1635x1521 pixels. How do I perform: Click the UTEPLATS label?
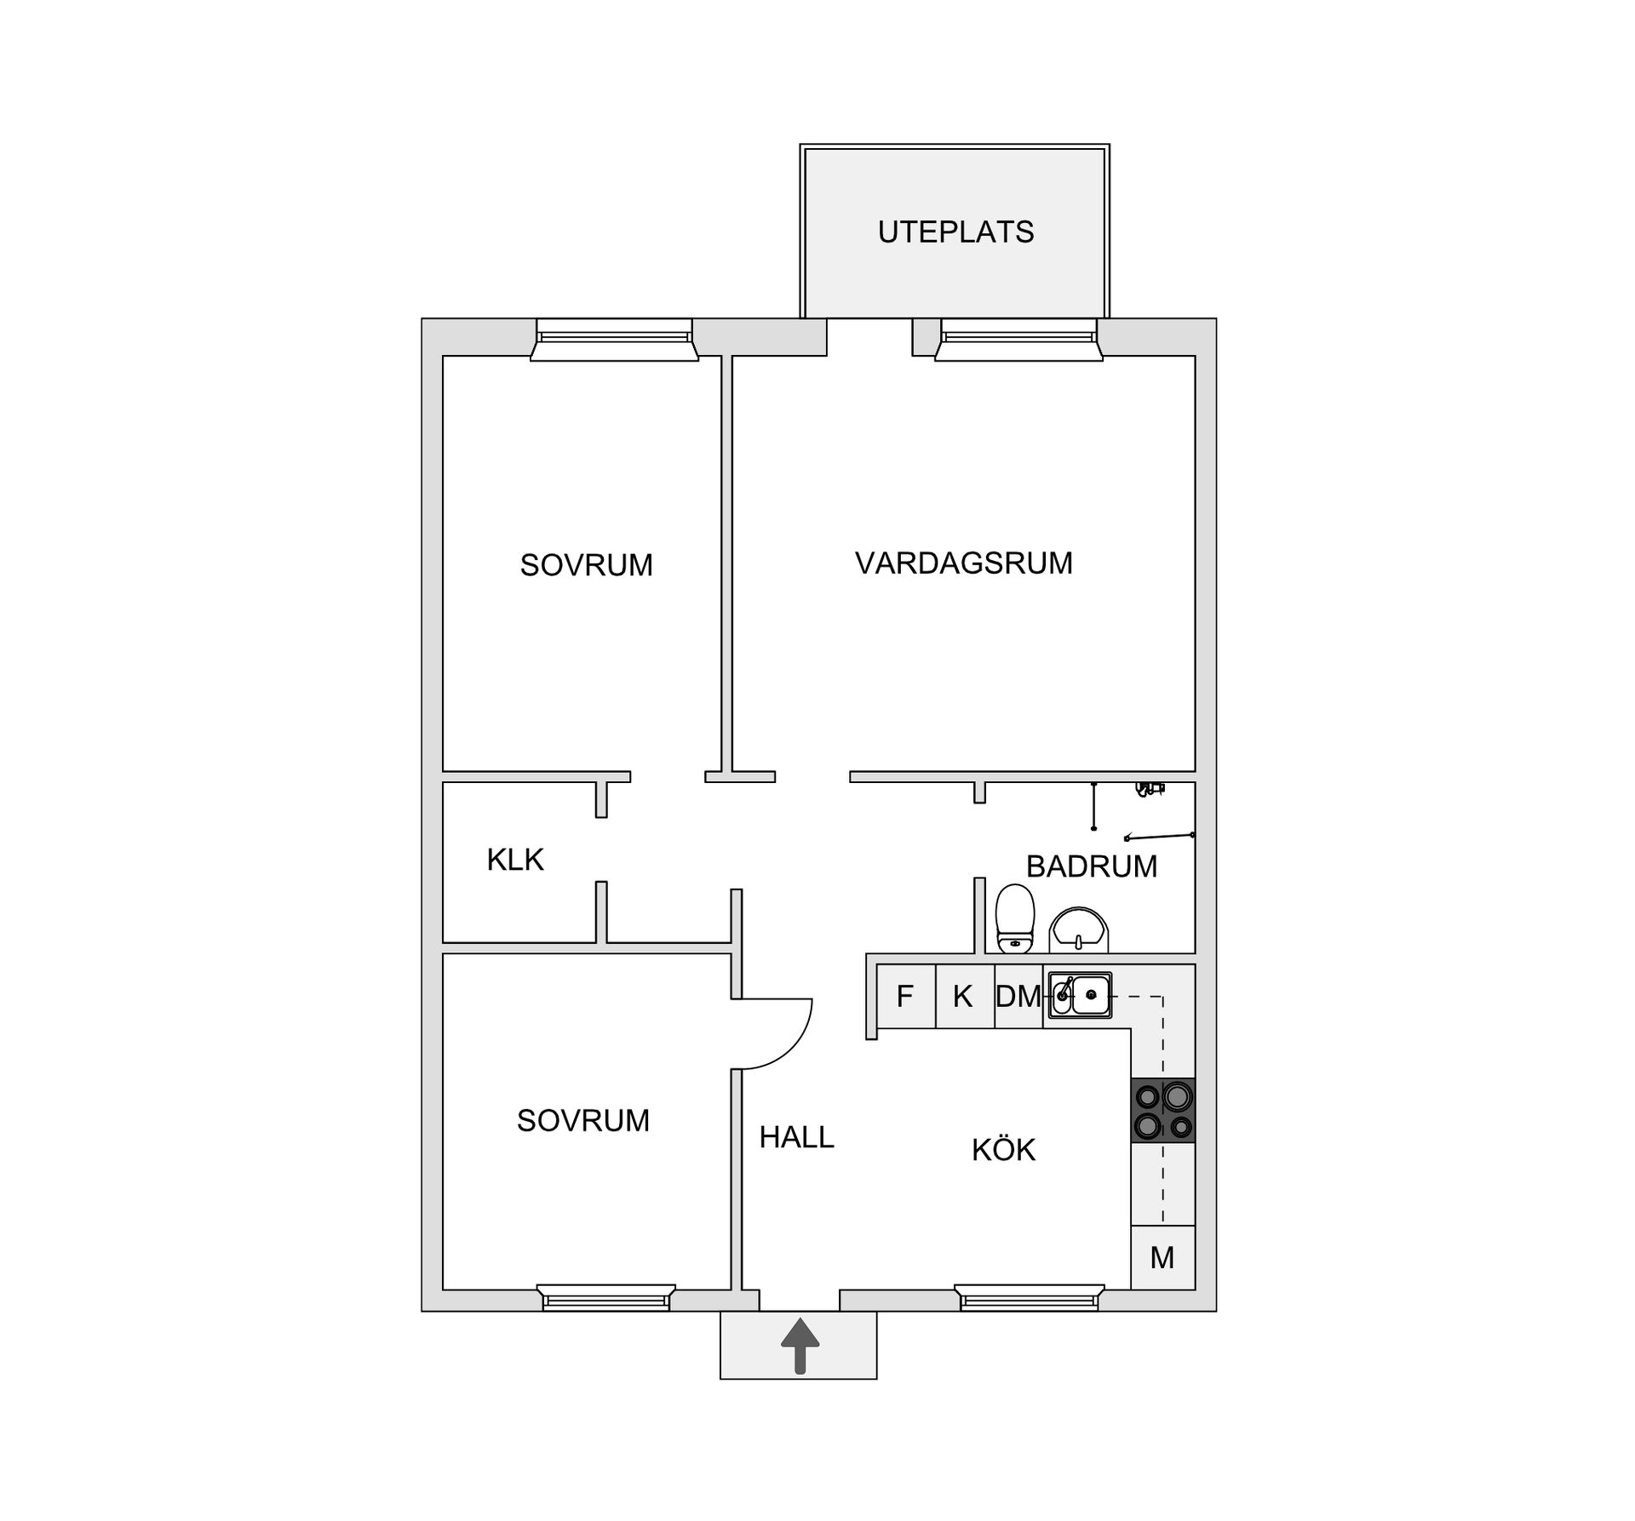[955, 232]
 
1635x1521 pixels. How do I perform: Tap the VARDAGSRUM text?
[964, 563]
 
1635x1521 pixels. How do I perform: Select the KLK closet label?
[515, 860]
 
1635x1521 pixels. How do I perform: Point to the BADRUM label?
[1092, 866]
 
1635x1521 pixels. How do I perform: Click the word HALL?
[797, 1137]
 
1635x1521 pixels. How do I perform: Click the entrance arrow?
[800, 1346]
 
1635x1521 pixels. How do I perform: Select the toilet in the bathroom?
[1015, 918]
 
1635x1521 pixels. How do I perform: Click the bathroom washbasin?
[1079, 929]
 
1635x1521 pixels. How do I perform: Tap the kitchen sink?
[1079, 994]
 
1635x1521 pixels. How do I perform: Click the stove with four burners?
[1163, 1110]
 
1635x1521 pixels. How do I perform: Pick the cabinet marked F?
[906, 996]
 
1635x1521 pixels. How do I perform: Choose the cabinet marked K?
[965, 996]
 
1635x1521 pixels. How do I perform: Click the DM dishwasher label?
[1018, 996]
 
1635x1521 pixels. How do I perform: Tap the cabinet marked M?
[1163, 1257]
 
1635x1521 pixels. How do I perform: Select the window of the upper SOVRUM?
[614, 340]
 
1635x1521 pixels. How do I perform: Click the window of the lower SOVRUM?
[606, 1298]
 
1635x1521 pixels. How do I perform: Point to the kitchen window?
[1029, 1298]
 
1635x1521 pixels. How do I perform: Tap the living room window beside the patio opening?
[1018, 340]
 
